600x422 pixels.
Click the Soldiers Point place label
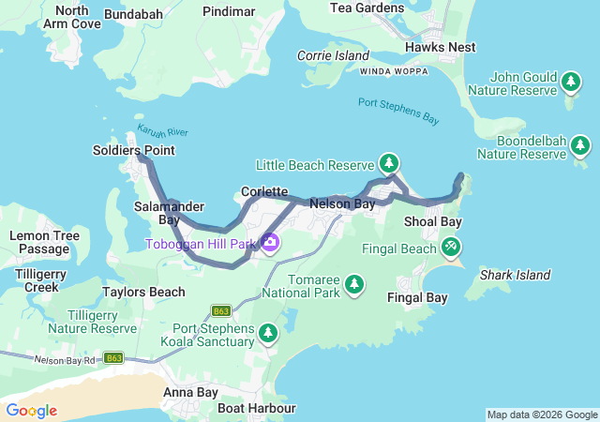(x=133, y=150)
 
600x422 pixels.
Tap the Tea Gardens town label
(x=367, y=8)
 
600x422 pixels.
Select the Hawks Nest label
(x=440, y=47)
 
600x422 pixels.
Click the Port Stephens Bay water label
(x=398, y=111)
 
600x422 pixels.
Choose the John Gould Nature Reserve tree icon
(x=570, y=83)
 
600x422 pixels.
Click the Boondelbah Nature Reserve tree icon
(x=580, y=145)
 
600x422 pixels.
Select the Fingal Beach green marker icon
(x=451, y=247)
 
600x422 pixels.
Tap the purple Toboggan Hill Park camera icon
(x=271, y=244)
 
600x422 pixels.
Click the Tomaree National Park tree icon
(x=353, y=282)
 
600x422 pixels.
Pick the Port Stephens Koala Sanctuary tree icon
(x=268, y=333)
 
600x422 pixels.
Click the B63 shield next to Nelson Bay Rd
(x=114, y=358)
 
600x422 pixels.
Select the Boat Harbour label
(x=256, y=408)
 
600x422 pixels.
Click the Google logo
(x=31, y=411)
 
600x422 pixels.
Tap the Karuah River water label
(x=163, y=132)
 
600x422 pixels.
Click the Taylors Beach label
(x=143, y=292)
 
